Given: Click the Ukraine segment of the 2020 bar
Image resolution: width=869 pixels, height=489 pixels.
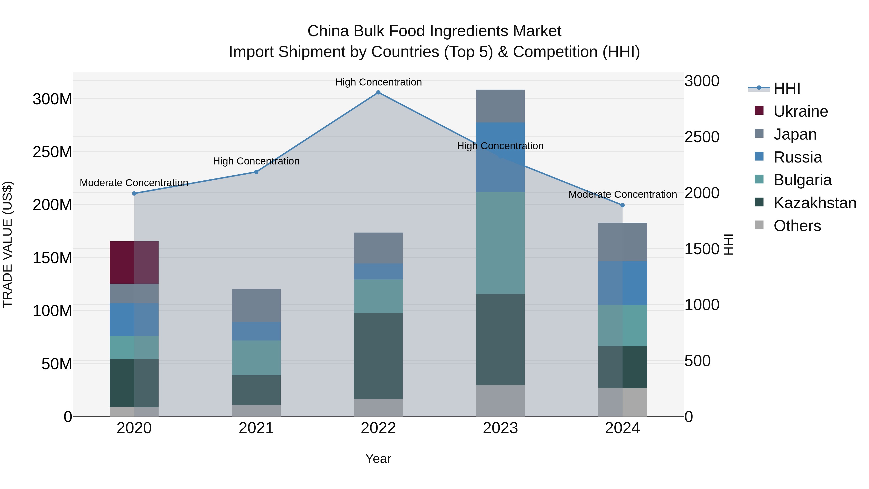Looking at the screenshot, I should point(134,262).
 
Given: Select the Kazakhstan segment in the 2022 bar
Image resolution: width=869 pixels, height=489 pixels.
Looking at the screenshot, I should point(378,356).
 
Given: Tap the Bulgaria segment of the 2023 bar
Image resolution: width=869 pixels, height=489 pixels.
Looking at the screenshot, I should point(500,243).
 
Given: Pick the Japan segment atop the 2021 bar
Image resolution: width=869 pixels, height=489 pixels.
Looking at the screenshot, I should point(256,305).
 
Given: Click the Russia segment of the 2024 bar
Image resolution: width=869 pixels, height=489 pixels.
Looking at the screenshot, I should point(622,283).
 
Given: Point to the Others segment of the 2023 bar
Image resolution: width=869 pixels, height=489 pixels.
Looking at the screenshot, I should point(500,401).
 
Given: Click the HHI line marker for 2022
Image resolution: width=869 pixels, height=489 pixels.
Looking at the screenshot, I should point(378,92).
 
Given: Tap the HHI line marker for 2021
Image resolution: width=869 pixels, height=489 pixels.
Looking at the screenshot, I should point(256,172).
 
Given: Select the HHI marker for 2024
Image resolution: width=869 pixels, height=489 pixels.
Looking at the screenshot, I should point(622,205).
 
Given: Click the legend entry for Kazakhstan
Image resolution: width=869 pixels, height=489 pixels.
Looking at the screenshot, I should point(815,203).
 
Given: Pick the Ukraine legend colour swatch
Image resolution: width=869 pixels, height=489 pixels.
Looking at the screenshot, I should point(759,111).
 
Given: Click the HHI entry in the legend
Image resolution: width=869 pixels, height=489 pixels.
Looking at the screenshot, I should point(787,88).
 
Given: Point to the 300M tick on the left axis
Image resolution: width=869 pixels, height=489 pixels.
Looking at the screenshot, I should point(52,99).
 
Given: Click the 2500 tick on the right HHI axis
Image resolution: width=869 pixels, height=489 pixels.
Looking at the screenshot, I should point(702,137).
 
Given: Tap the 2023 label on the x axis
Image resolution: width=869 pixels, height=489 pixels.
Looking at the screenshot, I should point(500,428).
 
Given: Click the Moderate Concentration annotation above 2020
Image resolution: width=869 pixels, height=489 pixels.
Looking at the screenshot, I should point(134,183).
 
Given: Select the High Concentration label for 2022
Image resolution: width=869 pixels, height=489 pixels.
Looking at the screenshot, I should point(378,82).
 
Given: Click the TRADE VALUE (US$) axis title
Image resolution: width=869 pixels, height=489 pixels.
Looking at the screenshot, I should point(7,244).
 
